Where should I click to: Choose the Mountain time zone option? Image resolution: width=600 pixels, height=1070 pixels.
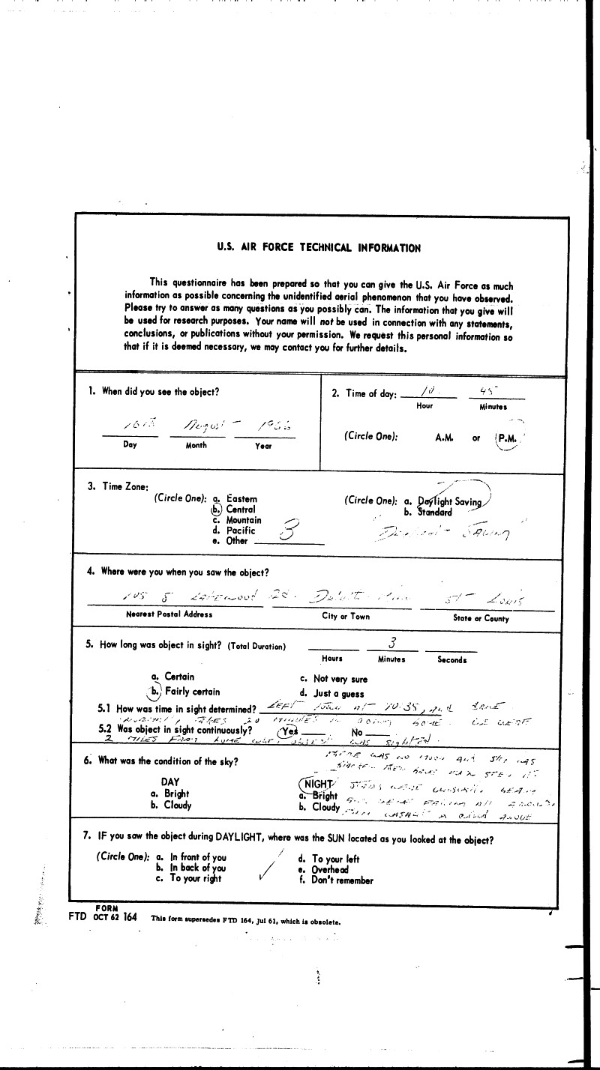pos(244,520)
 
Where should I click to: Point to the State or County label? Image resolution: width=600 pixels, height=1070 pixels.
pos(480,618)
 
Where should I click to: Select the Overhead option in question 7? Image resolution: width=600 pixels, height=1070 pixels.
pos(330,870)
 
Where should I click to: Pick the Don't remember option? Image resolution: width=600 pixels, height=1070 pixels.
pos(342,880)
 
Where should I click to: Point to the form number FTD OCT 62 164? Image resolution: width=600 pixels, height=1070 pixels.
pos(102,919)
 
